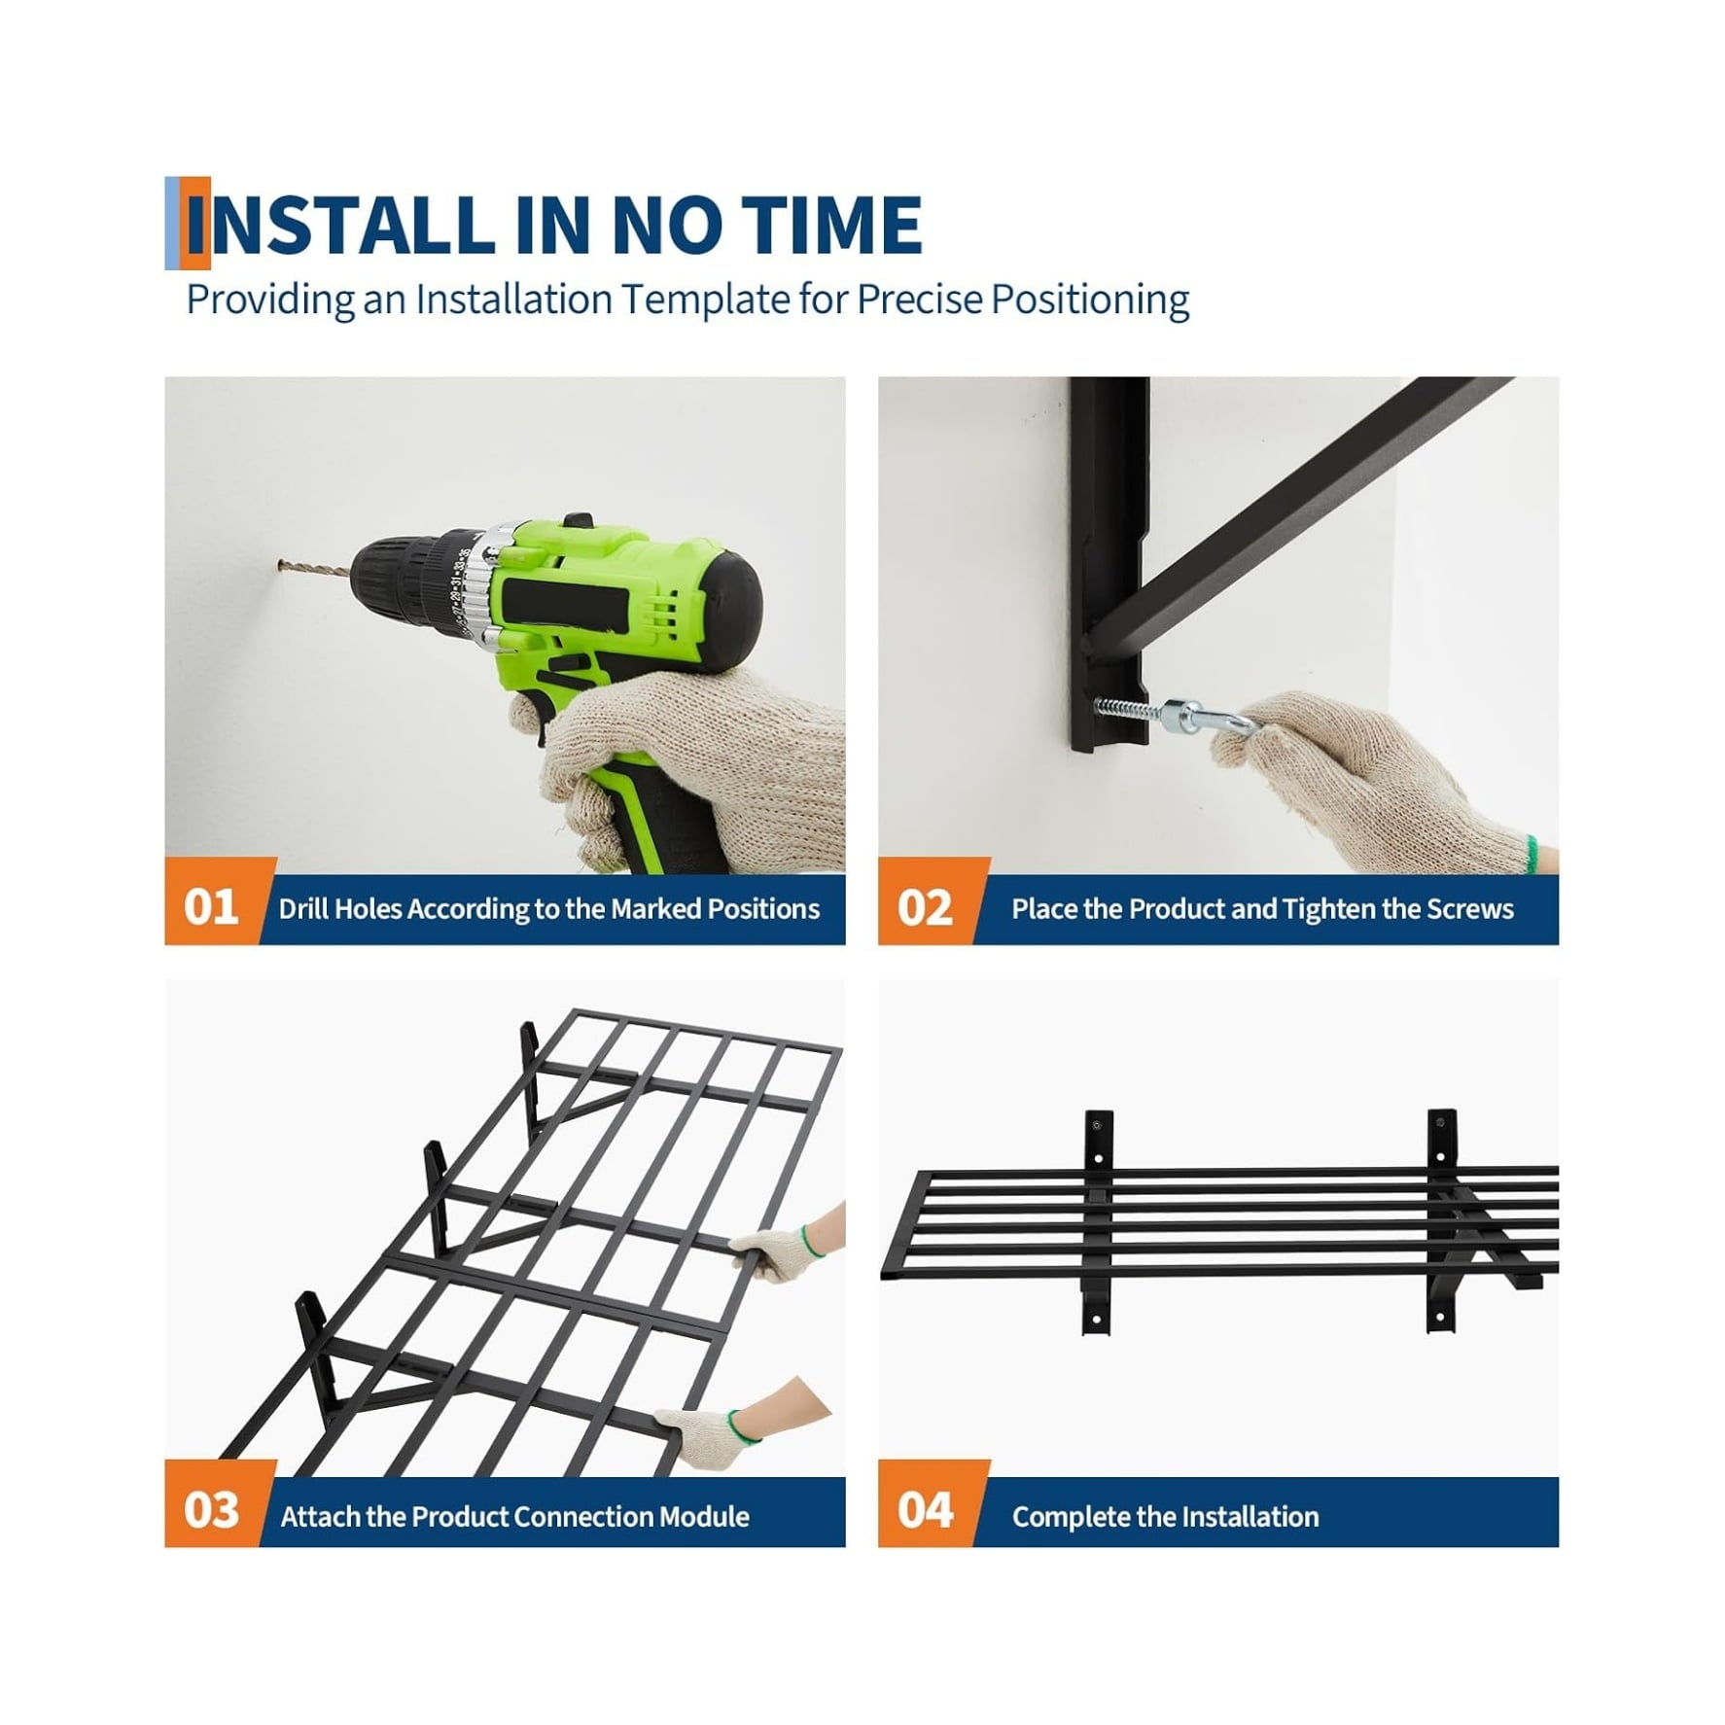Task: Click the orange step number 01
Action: pos(211,907)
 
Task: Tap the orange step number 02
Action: pos(925,907)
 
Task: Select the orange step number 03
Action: pos(211,1511)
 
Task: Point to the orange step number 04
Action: pos(925,1511)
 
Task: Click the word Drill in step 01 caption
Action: pos(302,908)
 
